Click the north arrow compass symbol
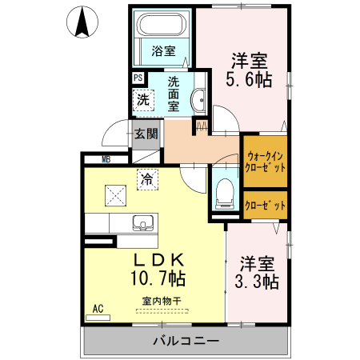(81, 22)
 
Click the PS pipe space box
(138, 78)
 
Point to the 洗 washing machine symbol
(142, 100)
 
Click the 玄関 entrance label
(146, 134)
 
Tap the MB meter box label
(106, 159)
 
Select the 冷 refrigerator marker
(147, 179)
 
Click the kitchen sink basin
(146, 222)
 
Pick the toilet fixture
(224, 192)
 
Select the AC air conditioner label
(98, 308)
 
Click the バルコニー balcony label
(186, 342)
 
